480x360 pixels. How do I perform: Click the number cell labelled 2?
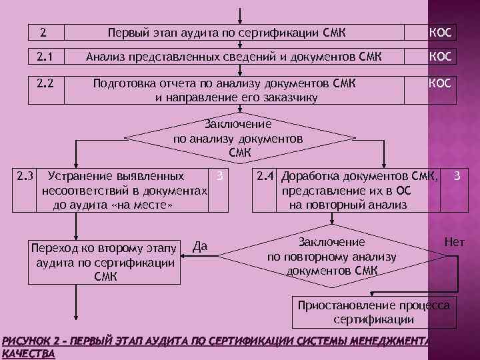(45, 32)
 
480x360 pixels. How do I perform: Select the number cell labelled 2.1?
(45, 57)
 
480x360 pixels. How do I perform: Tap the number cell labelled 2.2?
(45, 85)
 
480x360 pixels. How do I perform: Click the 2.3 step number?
(26, 177)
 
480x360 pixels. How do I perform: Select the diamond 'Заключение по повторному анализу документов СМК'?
(331, 257)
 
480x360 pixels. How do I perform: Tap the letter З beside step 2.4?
(457, 177)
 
